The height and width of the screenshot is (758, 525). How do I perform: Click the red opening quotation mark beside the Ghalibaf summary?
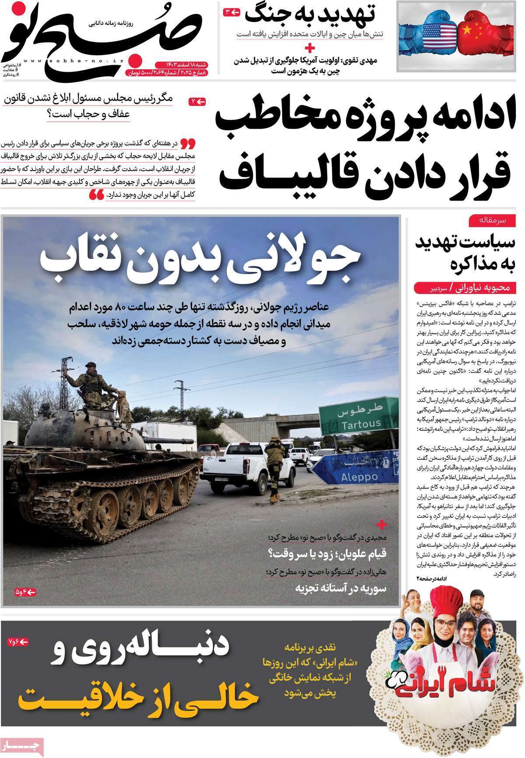pos(188,142)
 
